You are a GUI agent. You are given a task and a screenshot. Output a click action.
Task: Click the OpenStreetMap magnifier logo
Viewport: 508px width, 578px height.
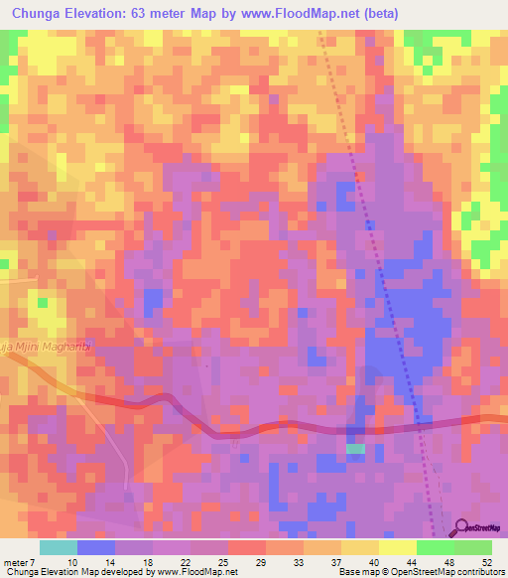pos(462,527)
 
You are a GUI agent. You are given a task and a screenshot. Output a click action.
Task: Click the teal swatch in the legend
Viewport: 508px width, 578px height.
pos(59,547)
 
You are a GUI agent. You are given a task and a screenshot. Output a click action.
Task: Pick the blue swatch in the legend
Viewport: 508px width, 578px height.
pos(96,547)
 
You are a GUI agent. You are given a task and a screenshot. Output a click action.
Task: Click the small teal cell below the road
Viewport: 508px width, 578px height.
pos(355,450)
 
